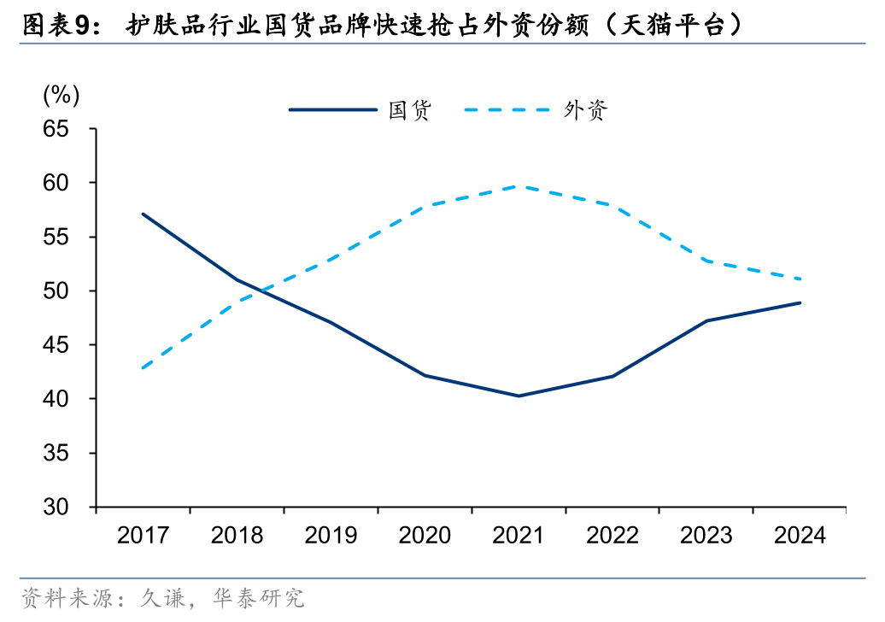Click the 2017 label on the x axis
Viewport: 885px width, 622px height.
(x=143, y=536)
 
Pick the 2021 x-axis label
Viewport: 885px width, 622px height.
(x=519, y=536)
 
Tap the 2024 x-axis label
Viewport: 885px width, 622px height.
(x=800, y=536)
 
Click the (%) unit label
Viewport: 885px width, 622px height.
(x=61, y=95)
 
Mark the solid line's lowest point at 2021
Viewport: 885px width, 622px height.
(x=519, y=396)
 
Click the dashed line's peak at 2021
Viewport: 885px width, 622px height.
(x=519, y=185)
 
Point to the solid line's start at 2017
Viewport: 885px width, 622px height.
(x=143, y=214)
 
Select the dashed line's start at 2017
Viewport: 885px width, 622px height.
(x=143, y=368)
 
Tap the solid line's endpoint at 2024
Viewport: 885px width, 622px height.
(x=800, y=302)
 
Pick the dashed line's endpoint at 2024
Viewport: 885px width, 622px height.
(x=800, y=279)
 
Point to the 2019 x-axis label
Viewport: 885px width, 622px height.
(x=331, y=536)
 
